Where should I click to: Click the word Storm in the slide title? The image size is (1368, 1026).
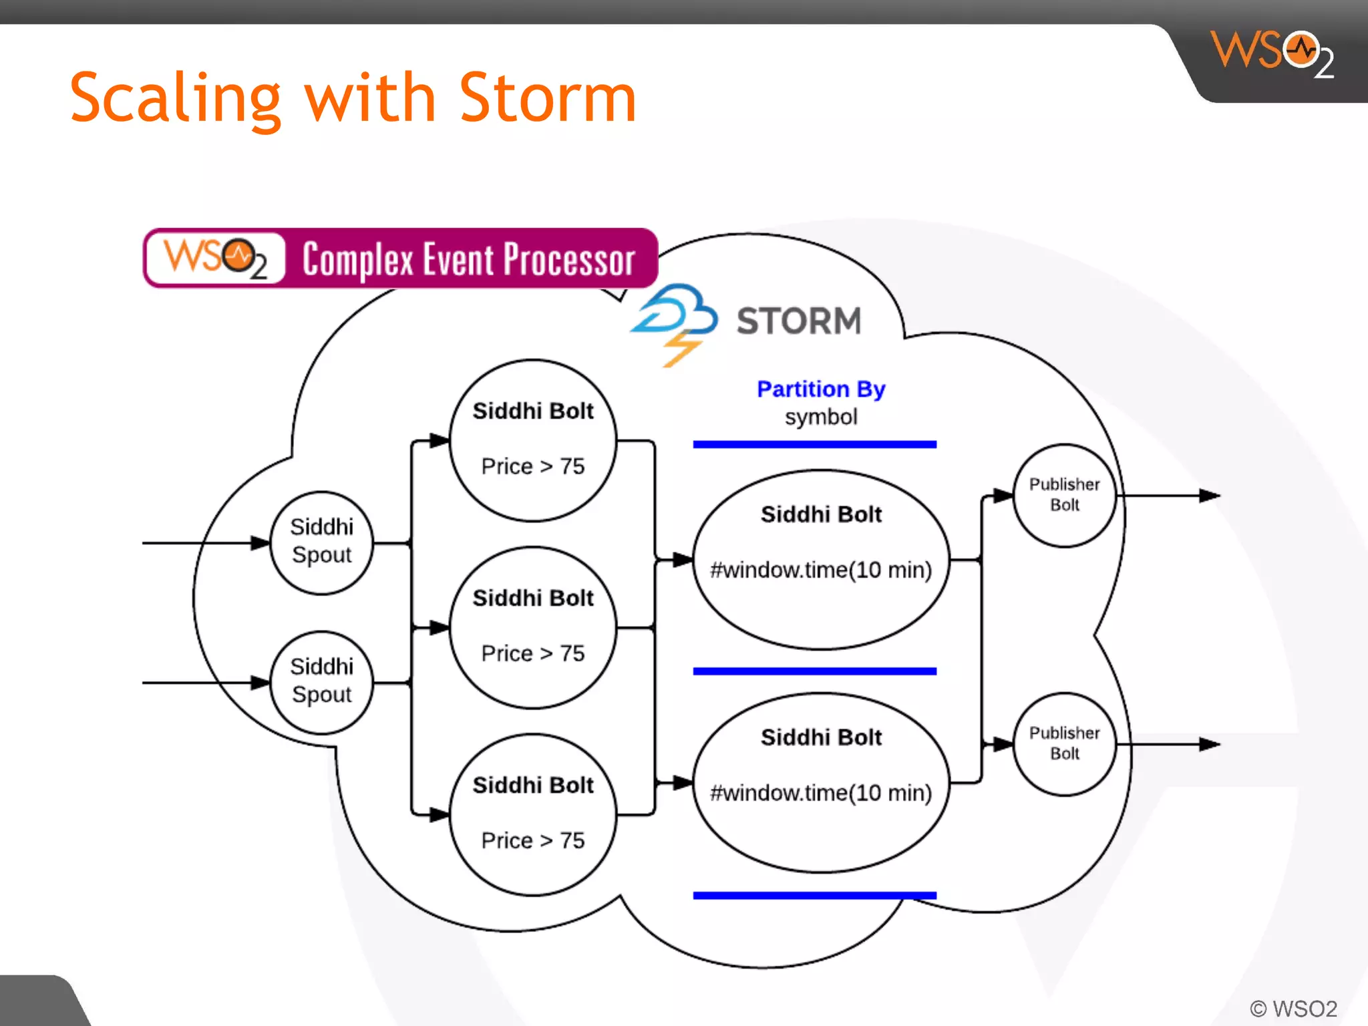coord(548,99)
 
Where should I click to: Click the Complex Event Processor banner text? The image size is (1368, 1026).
coord(468,259)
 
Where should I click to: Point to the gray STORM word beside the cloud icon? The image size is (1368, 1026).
coord(799,321)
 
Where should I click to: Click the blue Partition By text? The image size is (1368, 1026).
coord(821,389)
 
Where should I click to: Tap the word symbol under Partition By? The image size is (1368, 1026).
coord(821,417)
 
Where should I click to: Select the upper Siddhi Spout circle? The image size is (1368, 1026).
coord(321,542)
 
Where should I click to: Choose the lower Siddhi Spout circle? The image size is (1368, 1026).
coord(321,682)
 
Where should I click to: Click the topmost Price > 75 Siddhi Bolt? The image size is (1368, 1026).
coord(532,440)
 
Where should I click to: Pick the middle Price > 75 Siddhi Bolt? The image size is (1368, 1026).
coord(532,627)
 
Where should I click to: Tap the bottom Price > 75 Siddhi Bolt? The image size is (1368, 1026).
coord(532,814)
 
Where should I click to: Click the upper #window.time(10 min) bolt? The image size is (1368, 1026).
coord(821,559)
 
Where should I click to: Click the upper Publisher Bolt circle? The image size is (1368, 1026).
coord(1064,495)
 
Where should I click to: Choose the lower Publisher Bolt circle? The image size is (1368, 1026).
coord(1064,743)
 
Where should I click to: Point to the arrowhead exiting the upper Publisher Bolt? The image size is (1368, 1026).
coord(1210,496)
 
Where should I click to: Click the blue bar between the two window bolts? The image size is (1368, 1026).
coord(814,671)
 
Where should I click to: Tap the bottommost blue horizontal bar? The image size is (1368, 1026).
coord(814,895)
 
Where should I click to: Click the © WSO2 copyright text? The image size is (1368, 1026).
coord(1293,1008)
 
